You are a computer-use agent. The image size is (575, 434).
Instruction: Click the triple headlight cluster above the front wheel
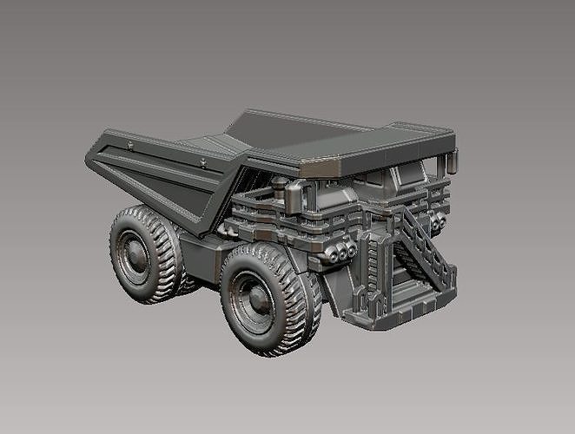click(x=341, y=252)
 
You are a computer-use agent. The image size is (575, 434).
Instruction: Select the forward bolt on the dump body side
click(x=202, y=161)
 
